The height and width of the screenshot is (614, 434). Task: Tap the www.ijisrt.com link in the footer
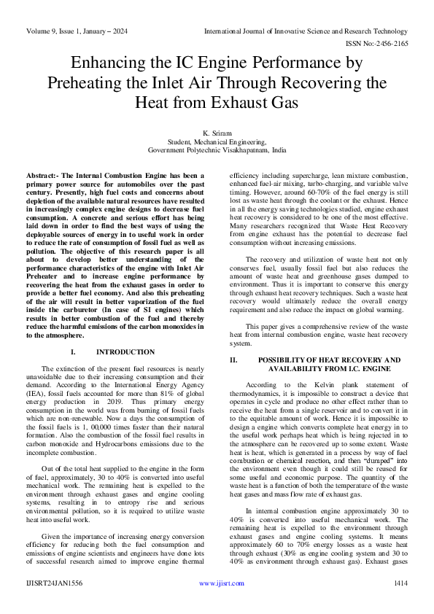217,583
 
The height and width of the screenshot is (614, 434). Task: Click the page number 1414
400,583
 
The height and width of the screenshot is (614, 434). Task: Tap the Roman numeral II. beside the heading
235,360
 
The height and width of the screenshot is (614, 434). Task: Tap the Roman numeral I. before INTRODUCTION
73,351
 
